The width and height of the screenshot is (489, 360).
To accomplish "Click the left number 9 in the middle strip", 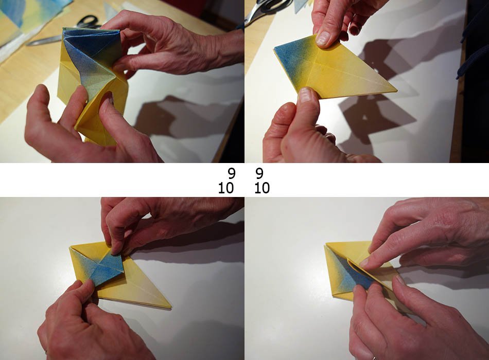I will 231,174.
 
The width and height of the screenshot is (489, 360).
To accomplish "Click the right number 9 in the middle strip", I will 259,174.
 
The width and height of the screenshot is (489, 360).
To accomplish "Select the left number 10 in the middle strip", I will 225,188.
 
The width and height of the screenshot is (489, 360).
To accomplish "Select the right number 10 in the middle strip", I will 262,188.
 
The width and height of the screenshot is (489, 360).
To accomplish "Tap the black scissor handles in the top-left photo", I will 88,22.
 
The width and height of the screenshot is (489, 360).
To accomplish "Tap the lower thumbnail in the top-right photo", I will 305,95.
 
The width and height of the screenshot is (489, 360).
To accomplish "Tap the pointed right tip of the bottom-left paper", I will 170,307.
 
